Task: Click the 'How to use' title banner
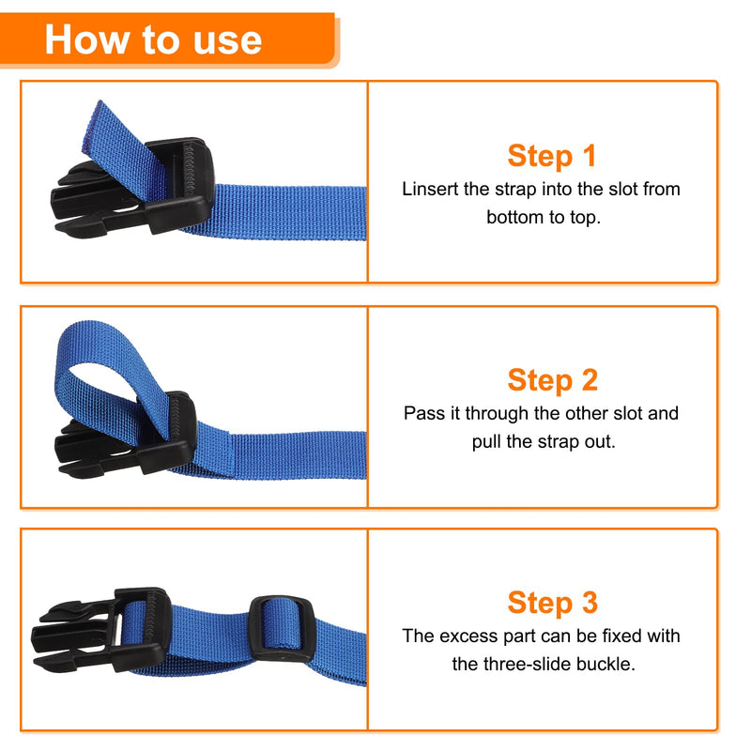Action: tap(155, 39)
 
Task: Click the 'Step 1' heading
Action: tap(552, 156)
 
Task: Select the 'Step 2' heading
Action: tap(552, 380)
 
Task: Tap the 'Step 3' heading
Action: tap(552, 603)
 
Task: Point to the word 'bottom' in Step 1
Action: tap(513, 217)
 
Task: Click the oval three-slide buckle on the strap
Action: tap(277, 628)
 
